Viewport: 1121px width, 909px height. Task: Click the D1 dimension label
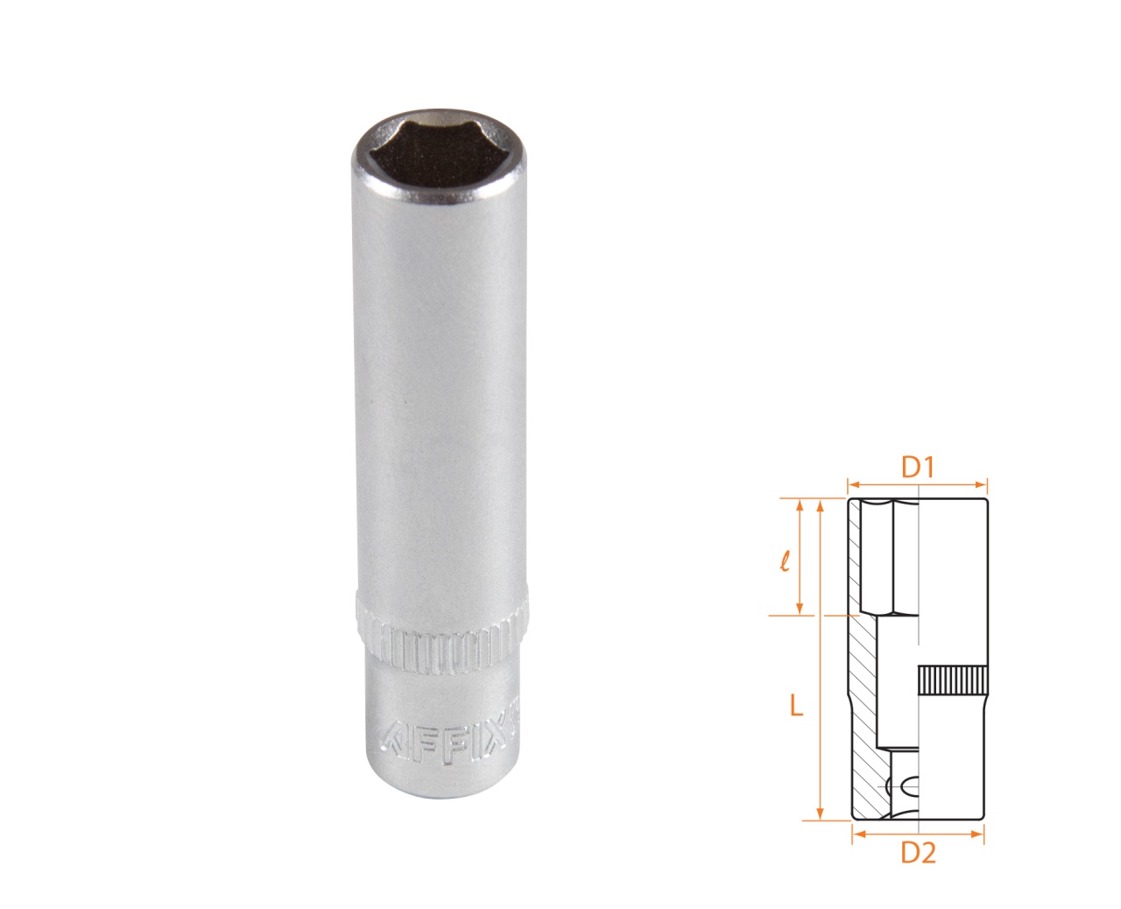918,468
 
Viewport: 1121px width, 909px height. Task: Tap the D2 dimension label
918,852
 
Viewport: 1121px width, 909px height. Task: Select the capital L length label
795,704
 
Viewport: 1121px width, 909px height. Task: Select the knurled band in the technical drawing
953,680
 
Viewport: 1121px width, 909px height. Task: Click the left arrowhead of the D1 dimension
851,482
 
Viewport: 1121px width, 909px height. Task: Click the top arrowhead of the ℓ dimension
799,504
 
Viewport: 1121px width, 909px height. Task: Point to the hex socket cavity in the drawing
888,557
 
